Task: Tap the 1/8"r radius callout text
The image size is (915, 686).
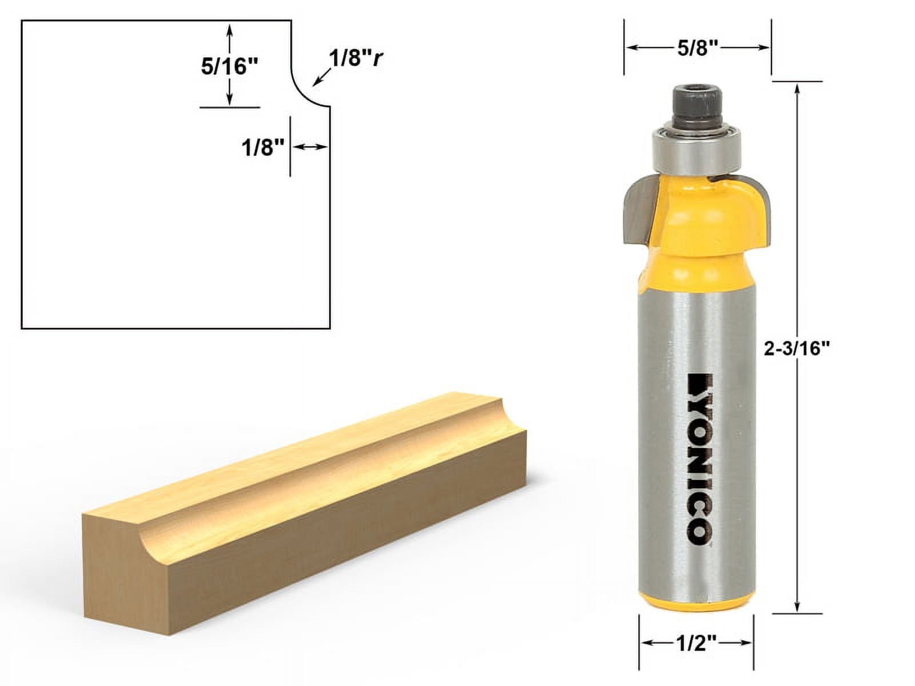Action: [354, 58]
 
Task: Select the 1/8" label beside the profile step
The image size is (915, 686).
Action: [262, 148]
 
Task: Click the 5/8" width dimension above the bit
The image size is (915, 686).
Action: [697, 49]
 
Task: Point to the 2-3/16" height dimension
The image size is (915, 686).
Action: [797, 348]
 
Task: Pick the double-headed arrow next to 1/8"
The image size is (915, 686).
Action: [309, 147]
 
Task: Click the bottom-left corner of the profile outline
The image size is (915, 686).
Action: [22, 328]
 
